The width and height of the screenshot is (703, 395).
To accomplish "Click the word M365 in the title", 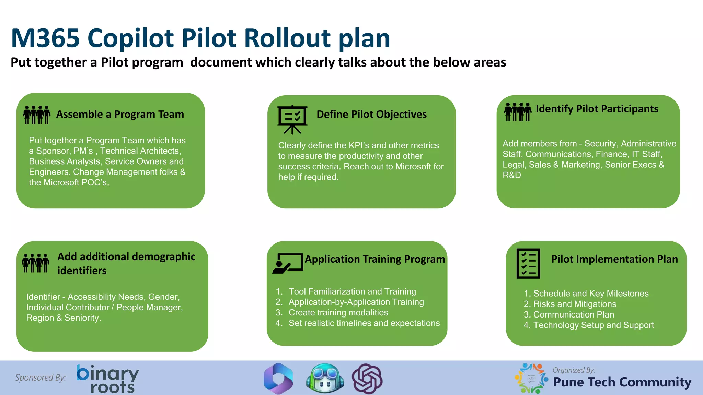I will click(x=45, y=38).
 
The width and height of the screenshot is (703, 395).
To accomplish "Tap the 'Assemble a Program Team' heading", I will click(x=120, y=114).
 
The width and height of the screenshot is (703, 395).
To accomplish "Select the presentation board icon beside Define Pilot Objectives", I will click(x=292, y=119).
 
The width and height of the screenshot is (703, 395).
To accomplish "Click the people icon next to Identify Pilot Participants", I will click(x=518, y=112).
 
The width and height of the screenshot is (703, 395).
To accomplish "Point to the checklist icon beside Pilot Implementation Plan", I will click(x=528, y=263).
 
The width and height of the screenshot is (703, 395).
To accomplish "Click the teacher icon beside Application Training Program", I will click(x=288, y=263).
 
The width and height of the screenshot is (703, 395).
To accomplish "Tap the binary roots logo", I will click(x=107, y=379).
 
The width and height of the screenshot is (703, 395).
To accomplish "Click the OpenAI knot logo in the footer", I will click(x=367, y=379).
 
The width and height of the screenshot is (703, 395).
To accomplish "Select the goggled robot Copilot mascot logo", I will click(x=325, y=379).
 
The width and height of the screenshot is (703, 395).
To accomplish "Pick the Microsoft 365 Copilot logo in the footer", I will click(x=278, y=379).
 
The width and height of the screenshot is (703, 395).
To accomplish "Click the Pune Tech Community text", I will click(x=622, y=382).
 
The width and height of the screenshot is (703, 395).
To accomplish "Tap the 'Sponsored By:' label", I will click(x=41, y=378).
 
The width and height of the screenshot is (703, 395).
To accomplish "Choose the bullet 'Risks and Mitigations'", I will click(x=575, y=304).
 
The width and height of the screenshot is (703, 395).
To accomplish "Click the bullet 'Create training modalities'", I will click(x=338, y=313).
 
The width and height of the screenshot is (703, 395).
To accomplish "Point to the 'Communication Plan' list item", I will click(x=574, y=315).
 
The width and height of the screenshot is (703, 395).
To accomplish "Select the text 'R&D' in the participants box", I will click(x=512, y=175).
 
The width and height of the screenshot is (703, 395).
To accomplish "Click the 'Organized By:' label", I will click(x=574, y=370).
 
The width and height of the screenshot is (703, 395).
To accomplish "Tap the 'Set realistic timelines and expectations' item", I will click(x=364, y=323).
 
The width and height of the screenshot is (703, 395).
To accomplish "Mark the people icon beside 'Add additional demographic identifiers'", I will click(x=36, y=263).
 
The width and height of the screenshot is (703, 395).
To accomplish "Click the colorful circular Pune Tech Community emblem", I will click(x=531, y=378).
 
